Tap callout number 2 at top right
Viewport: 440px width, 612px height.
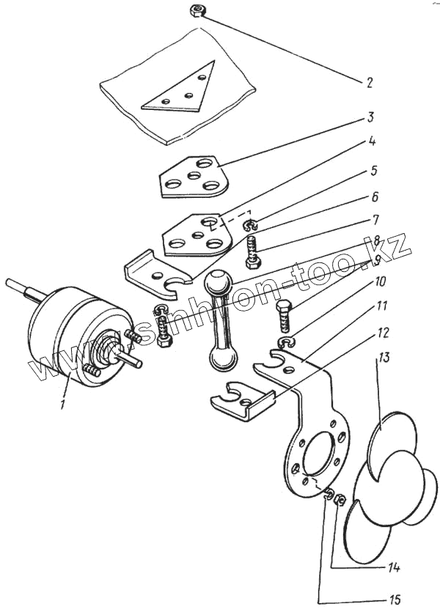click(370, 83)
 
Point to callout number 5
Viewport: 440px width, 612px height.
click(373, 171)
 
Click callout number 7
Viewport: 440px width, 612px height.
click(375, 218)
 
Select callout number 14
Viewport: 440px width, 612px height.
click(395, 567)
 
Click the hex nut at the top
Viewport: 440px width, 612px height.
click(197, 11)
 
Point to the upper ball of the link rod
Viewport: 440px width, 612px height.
click(219, 282)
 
